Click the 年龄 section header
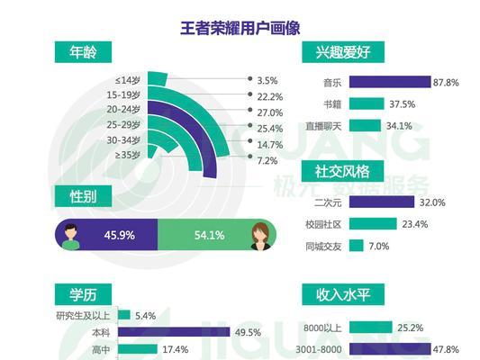point(83,51)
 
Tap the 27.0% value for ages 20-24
point(270,112)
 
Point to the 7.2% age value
point(267,161)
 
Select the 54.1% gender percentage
point(209,236)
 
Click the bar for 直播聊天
point(371,125)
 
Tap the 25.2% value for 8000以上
point(414,326)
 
